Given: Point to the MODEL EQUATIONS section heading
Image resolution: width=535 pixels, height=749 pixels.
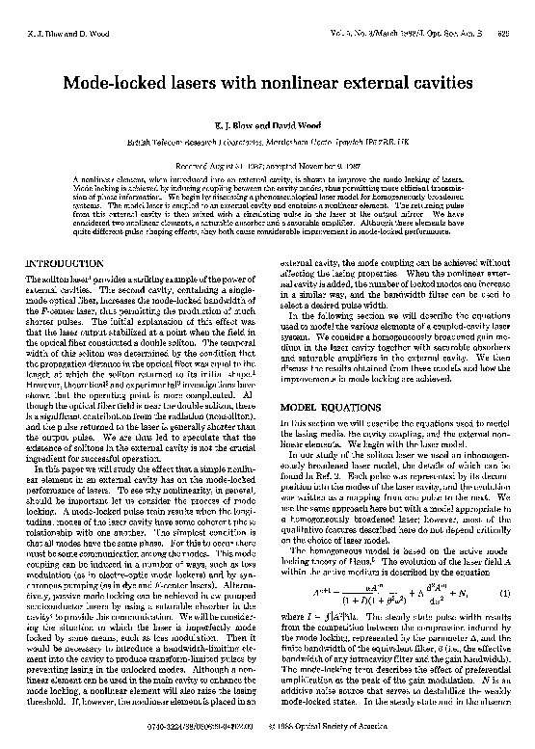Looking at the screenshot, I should [x=324, y=380].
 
